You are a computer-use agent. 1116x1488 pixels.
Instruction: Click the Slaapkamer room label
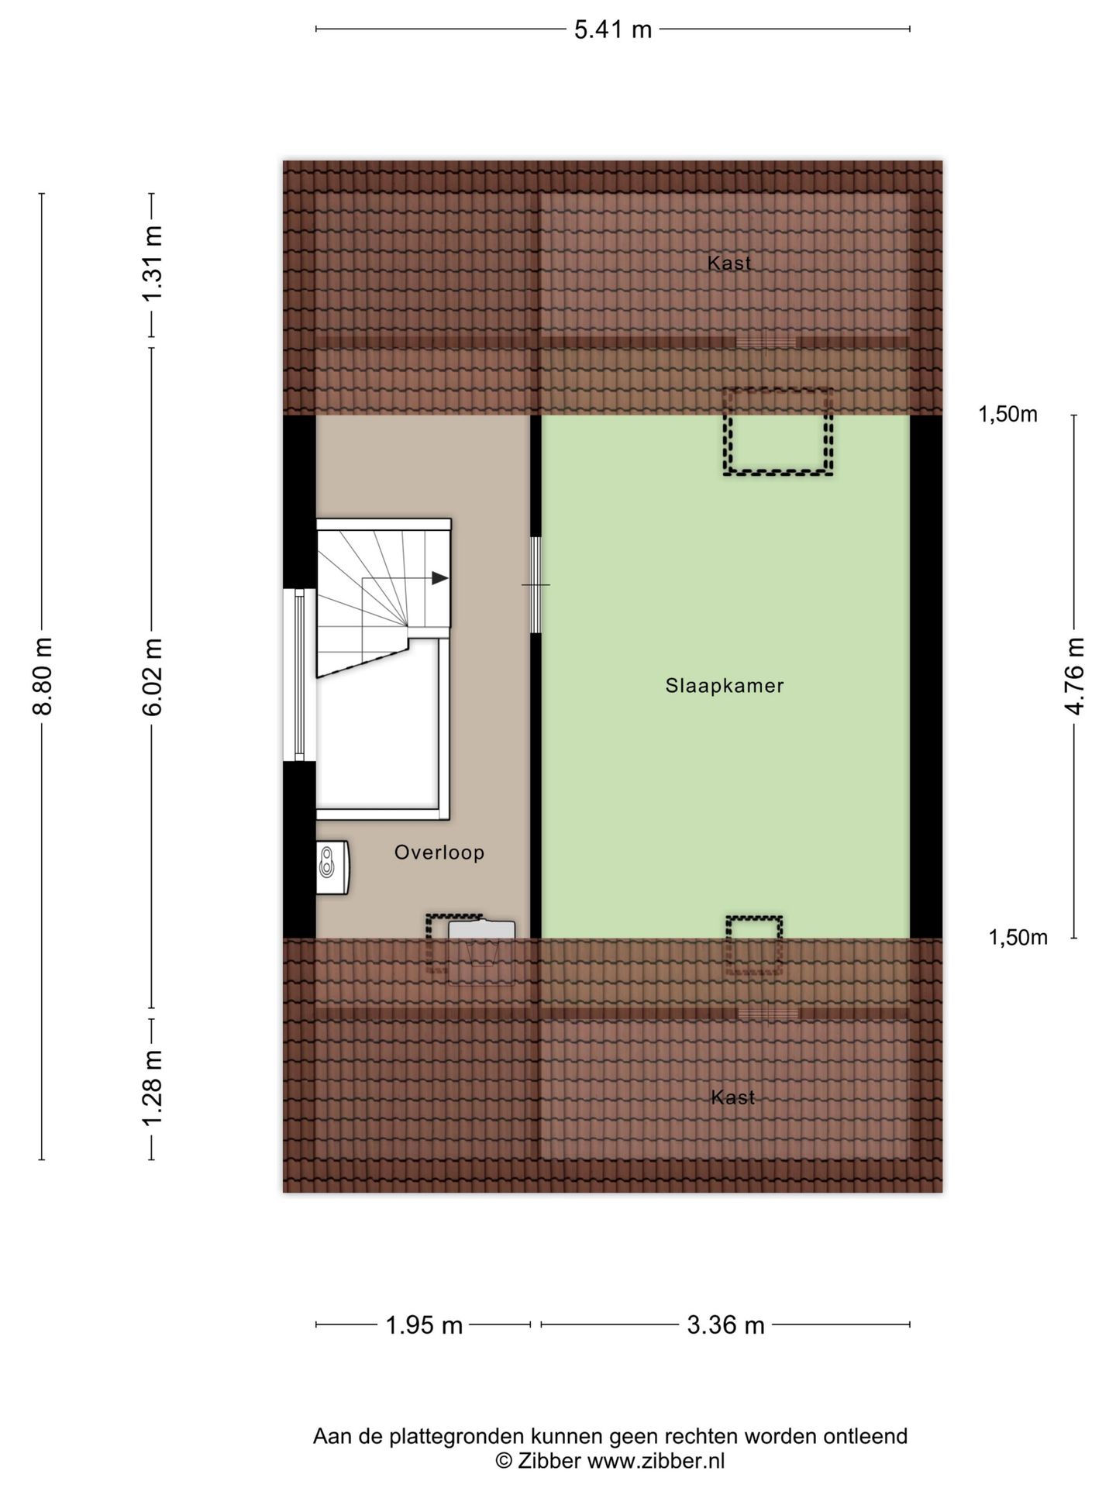click(x=724, y=686)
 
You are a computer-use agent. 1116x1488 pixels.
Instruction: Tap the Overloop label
click(x=439, y=852)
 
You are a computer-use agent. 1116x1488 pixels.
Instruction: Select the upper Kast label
click(x=729, y=263)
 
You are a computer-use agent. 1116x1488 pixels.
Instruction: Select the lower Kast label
click(x=732, y=1097)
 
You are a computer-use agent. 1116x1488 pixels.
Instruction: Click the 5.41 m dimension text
click(x=613, y=30)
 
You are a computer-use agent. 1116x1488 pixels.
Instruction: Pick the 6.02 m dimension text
click(x=153, y=677)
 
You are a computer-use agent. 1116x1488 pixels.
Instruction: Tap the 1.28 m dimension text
click(x=153, y=1089)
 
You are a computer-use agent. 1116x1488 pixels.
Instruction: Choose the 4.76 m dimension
click(x=1074, y=677)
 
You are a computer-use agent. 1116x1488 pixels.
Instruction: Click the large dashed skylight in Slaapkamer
click(x=778, y=432)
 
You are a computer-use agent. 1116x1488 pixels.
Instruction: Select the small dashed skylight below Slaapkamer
click(x=754, y=945)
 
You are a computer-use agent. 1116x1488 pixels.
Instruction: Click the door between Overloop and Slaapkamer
click(x=536, y=584)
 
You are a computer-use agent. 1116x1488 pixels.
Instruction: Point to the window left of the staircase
click(x=300, y=674)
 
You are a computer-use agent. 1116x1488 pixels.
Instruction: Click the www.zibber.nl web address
click(x=656, y=1461)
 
